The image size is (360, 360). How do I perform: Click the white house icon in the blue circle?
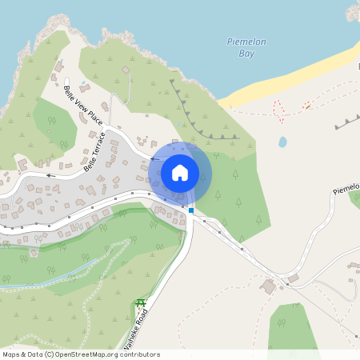179,173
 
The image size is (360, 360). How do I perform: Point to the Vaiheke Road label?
136,331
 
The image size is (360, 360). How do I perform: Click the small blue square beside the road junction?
191,210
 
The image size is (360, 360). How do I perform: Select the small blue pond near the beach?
282,142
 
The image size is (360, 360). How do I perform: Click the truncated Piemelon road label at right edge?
346,189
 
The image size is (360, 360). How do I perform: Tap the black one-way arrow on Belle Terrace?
50,174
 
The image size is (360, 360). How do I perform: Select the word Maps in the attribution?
11,354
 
